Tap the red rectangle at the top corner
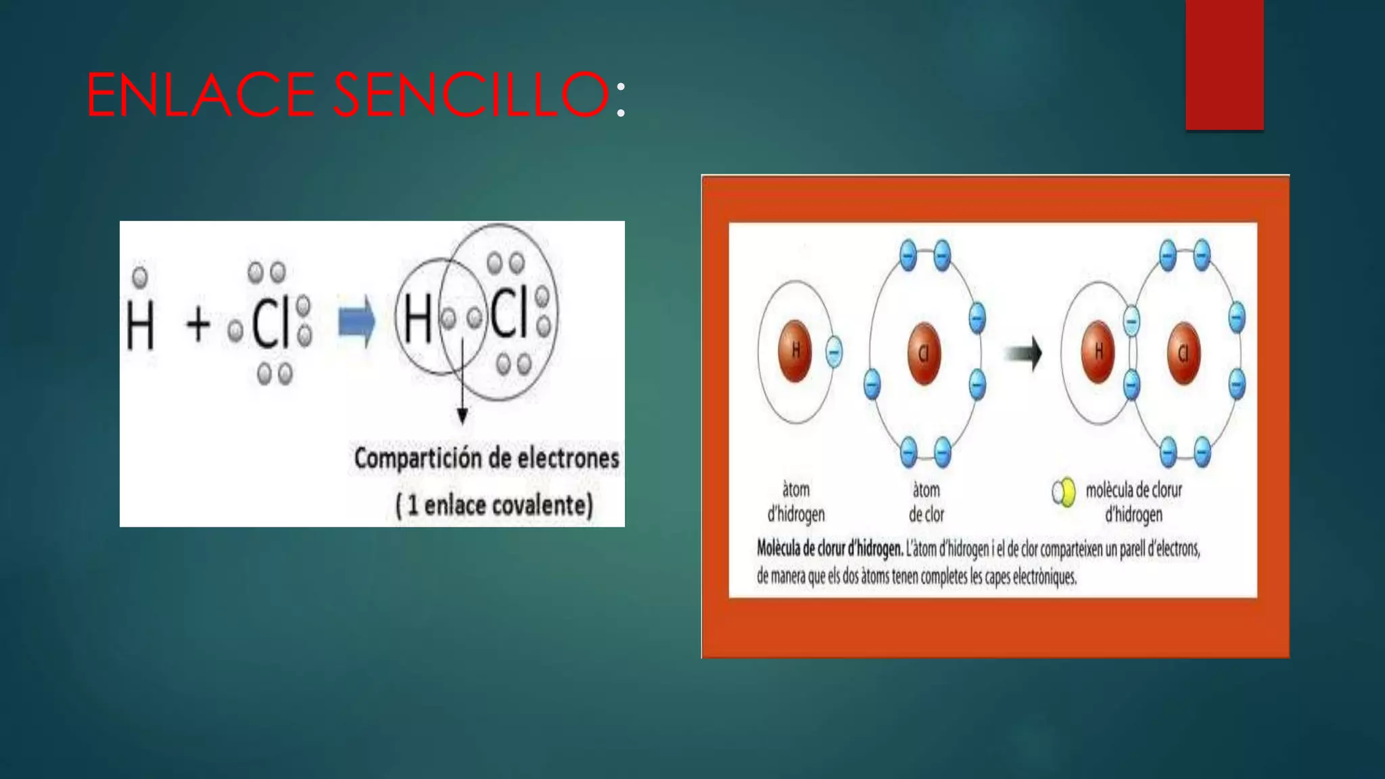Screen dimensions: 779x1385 click(x=1224, y=64)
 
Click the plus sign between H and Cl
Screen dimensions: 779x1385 click(x=198, y=324)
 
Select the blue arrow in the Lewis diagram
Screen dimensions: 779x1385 click(x=356, y=322)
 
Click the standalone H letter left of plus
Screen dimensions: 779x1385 click(x=141, y=325)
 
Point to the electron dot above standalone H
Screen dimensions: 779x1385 click(x=140, y=277)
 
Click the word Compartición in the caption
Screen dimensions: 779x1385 click(x=417, y=458)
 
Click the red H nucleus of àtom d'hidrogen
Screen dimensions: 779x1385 click(x=795, y=350)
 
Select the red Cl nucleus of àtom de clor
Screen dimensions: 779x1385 click(x=924, y=353)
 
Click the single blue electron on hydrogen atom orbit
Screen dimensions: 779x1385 click(x=834, y=352)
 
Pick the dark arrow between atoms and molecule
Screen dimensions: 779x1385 click(x=1023, y=353)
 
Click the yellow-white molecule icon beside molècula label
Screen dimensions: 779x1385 click(x=1064, y=492)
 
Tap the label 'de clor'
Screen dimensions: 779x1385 click(x=926, y=515)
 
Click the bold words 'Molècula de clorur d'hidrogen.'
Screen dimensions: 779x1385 click(x=829, y=548)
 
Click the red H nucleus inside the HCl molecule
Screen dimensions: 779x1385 click(x=1098, y=351)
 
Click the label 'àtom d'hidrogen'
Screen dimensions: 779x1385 click(x=796, y=502)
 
